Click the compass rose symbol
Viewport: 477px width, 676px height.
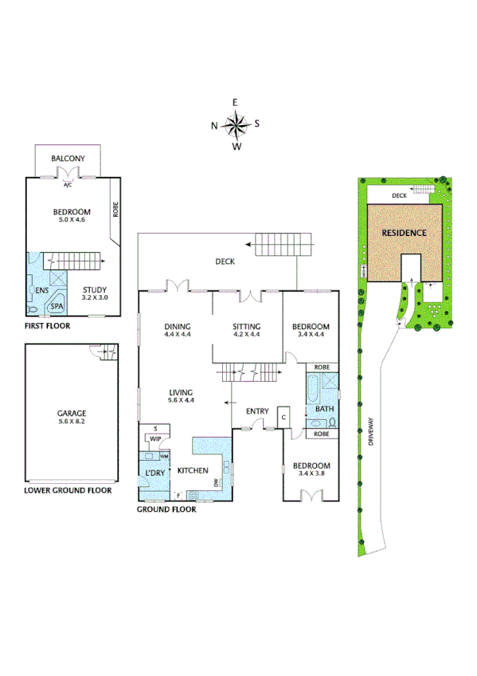pos(236,124)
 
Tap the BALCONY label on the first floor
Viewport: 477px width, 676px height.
pos(68,159)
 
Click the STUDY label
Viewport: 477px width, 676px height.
pos(95,291)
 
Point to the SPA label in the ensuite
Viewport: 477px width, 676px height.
pos(57,305)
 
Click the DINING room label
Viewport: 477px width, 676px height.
pos(177,327)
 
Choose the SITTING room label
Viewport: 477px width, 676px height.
pos(246,327)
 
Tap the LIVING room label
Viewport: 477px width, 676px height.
pos(182,391)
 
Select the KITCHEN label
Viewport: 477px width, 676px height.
pos(193,470)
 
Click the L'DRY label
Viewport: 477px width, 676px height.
pos(154,474)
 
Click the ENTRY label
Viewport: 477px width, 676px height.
pos(257,411)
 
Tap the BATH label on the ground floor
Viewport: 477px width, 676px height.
pos(323,409)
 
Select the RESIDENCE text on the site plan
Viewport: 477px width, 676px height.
pos(404,233)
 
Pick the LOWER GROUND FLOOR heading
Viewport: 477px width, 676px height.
pos(68,490)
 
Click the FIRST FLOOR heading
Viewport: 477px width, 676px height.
pos(47,326)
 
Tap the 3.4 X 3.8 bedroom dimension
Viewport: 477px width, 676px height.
pos(311,473)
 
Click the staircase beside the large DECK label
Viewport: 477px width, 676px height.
pos(283,244)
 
